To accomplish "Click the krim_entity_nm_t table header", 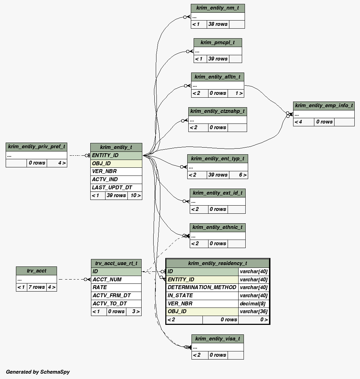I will coord(218,8).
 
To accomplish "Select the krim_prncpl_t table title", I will coord(218,42).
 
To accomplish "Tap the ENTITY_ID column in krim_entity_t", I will coord(116,155).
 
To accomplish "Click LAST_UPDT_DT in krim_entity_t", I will coord(116,188).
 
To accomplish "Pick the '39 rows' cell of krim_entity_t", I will coord(116,195).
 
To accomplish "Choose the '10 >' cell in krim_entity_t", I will coord(135,195).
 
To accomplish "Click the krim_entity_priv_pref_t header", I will coord(36,147).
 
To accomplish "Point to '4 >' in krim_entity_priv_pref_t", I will coord(57,163).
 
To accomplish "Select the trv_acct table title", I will coord(36,271).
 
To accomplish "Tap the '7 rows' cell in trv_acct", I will coord(37,287).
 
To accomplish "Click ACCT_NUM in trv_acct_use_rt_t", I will coord(116,280).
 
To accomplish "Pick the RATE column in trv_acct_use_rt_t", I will coord(116,287).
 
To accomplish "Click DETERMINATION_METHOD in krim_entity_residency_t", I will coord(202,287).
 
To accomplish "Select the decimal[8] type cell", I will coord(254,304).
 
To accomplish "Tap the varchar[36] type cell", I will coord(254,311).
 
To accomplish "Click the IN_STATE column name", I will coord(202,295).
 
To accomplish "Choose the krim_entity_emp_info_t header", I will coord(324,105).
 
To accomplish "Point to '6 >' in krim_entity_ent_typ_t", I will coord(238,175).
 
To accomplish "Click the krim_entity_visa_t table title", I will coord(218,339).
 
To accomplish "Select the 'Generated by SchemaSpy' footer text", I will coord(38,372).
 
